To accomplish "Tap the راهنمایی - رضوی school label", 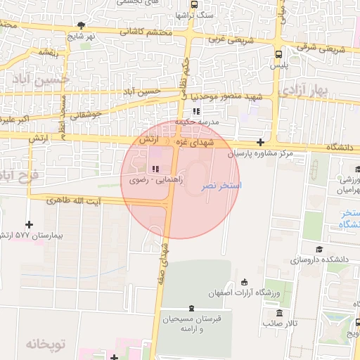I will click(156, 181).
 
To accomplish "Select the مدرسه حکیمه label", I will click(202, 122).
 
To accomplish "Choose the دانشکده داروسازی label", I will click(323, 259).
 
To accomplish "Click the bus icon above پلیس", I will click(279, 53).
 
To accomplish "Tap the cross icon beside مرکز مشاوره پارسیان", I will click(260, 142).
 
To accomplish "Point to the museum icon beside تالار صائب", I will click(280, 313).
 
